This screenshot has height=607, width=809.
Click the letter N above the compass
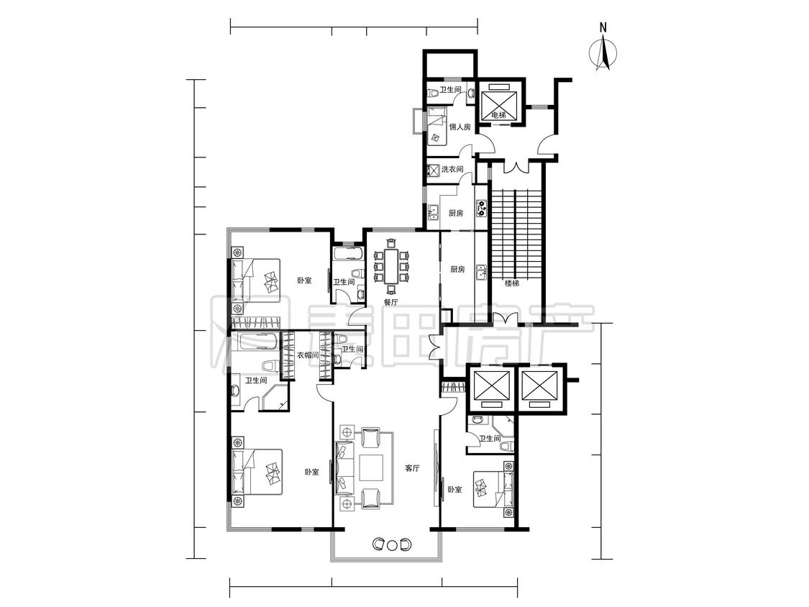coord(603,27)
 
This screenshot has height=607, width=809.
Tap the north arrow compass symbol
coord(603,53)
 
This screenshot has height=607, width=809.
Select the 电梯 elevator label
coord(498,114)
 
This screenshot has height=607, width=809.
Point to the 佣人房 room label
coord(460,127)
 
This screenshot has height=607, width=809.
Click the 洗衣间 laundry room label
coord(452,169)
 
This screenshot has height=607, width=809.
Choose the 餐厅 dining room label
coord(390,303)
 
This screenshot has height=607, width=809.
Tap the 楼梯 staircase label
coord(511,283)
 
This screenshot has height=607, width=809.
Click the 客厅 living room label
coord(412,469)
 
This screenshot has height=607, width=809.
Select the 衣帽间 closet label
coord(308,355)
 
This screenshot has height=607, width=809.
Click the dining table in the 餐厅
coord(391,266)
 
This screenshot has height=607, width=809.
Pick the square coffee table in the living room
coord(372,468)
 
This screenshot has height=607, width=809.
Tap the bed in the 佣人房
coord(437,127)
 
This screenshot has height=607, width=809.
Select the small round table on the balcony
coord(392,544)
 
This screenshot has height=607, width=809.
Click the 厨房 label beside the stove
coord(456,213)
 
